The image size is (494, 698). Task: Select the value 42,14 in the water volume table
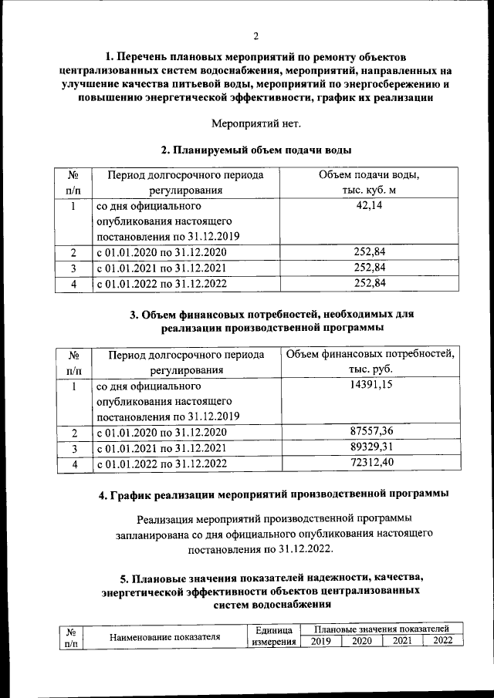pos(370,206)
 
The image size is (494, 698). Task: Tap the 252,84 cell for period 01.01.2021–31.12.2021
pos(370,268)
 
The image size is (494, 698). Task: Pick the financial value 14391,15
pos(370,386)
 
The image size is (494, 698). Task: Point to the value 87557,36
pos(370,432)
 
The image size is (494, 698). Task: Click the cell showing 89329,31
pos(370,447)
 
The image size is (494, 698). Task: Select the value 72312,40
pos(370,463)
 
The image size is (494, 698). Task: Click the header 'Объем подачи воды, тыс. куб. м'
pos(370,183)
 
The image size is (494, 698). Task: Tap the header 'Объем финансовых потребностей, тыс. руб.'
pos(370,362)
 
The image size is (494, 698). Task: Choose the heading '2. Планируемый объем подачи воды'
pos(255,150)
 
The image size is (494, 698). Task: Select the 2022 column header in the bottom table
pos(442,642)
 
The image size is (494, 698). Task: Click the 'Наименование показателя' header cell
pos(165,637)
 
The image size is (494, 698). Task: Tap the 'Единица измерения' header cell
pos(273,636)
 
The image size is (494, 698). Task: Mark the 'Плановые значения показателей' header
pos(381,630)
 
